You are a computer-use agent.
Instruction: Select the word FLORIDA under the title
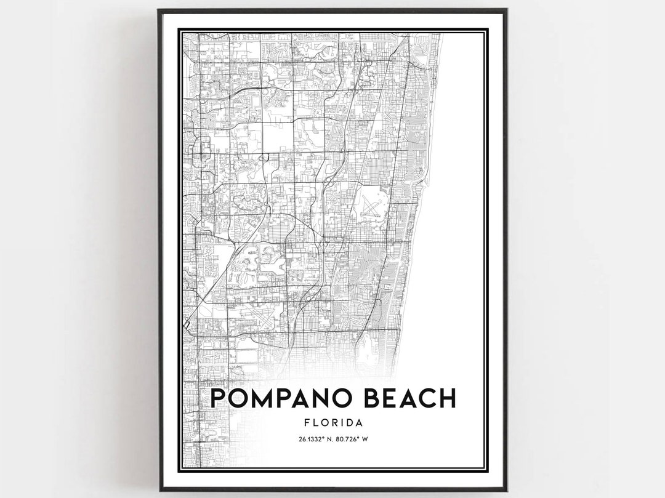pyautogui.click(x=332, y=423)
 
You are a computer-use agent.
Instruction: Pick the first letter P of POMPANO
pyautogui.click(x=218, y=398)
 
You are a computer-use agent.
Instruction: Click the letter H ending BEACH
pyautogui.click(x=446, y=398)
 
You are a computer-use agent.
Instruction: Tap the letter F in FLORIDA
pyautogui.click(x=308, y=423)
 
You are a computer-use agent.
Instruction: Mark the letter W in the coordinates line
pyautogui.click(x=365, y=439)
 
